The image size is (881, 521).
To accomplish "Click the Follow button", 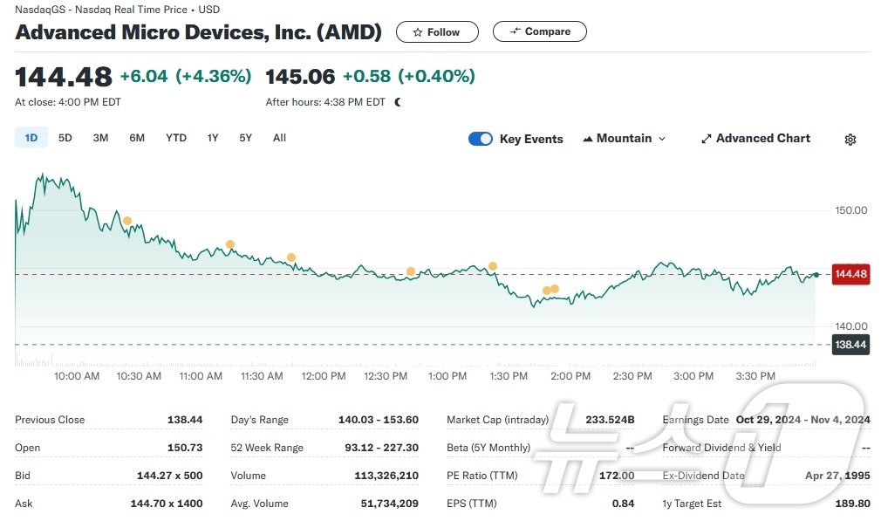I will point(436,32).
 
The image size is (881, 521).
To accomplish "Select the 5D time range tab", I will point(65,138).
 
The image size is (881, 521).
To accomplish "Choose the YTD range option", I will point(176,138).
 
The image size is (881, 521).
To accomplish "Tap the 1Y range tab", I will point(213,138).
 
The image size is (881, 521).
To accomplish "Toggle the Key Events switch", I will point(481,139).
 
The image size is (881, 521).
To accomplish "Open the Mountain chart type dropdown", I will point(625,139).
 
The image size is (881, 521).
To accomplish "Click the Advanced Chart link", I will point(755,139).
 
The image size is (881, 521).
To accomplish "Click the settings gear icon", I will point(850,140).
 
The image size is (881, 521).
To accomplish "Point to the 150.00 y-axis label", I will point(851,210).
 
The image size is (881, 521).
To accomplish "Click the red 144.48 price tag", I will point(850,274).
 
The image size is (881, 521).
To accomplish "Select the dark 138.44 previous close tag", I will point(850,345).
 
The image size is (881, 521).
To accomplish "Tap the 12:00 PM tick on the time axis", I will point(324,376).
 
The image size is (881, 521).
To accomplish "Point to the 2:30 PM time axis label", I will point(632,376).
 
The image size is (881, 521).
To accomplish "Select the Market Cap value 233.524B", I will point(610,420).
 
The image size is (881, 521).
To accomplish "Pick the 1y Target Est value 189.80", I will point(852,504).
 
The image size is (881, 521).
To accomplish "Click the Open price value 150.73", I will point(185,448).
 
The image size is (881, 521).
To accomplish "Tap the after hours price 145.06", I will point(300,77).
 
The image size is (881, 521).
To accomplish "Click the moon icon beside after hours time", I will point(398,102).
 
